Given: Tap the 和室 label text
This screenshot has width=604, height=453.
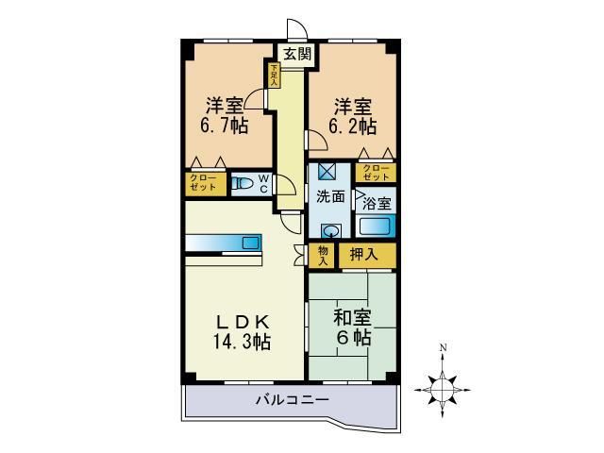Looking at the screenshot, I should point(349,318).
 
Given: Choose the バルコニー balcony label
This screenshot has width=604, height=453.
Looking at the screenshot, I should point(292,401).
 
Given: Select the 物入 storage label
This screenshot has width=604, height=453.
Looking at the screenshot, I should point(323,255).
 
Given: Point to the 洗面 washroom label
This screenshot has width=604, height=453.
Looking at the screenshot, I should point(330,198).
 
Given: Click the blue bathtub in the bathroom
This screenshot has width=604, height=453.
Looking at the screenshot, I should point(376,227).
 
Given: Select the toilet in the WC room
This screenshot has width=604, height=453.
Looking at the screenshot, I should point(243,185).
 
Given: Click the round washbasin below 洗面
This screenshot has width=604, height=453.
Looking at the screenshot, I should point(330,230).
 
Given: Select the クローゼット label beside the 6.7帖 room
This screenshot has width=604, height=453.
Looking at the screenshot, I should point(205,183).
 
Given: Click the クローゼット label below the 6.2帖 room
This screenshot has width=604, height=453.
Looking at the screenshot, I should point(376,174).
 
